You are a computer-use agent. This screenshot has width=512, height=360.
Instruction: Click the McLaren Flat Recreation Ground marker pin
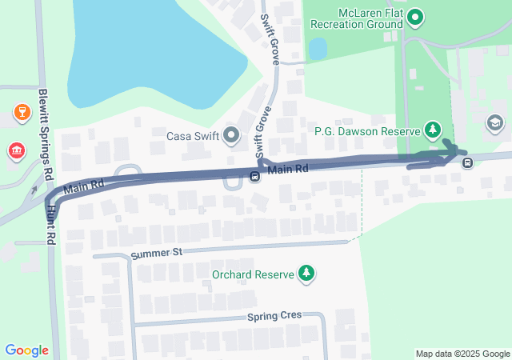pyautogui.click(x=414, y=18)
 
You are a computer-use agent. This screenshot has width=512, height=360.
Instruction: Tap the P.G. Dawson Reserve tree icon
pyautogui.click(x=433, y=129)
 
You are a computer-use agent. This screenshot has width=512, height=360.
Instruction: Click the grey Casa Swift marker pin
pyautogui.click(x=232, y=135)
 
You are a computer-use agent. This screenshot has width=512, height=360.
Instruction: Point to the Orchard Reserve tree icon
pyautogui.click(x=306, y=274)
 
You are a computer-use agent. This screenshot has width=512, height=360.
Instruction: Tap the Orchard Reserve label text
pyautogui.click(x=250, y=274)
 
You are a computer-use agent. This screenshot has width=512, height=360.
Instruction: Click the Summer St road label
pyautogui.click(x=156, y=252)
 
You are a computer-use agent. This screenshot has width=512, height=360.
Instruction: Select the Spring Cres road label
pyautogui.click(x=274, y=315)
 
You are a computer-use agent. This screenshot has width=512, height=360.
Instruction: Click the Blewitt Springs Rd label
pyautogui.click(x=46, y=133)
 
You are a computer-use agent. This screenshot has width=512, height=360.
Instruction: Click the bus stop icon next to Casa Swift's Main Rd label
pyautogui.click(x=254, y=177)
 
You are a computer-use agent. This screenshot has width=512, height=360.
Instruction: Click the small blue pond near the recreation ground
pyautogui.click(x=318, y=49)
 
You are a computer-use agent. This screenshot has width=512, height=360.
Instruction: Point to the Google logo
pyautogui.click(x=26, y=350)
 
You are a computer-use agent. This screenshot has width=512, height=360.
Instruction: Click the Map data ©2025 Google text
pyautogui.click(x=462, y=354)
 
